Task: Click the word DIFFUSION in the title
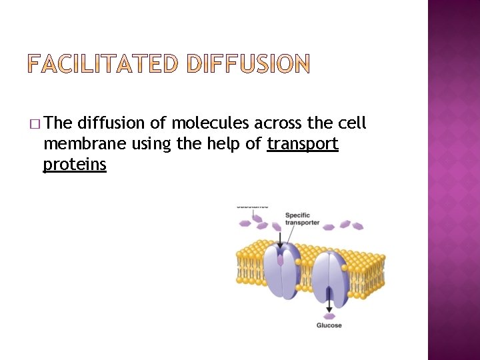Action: [x=248, y=65]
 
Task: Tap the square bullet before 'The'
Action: [x=35, y=124]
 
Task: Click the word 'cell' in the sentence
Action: [x=352, y=123]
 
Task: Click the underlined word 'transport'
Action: [x=303, y=144]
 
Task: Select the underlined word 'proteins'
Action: [x=75, y=164]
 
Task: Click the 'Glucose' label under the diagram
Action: [x=329, y=325]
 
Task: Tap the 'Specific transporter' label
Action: [x=301, y=219]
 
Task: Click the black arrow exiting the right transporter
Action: [x=329, y=304]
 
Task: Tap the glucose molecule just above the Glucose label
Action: [x=329, y=315]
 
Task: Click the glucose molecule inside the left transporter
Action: [x=281, y=259]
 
